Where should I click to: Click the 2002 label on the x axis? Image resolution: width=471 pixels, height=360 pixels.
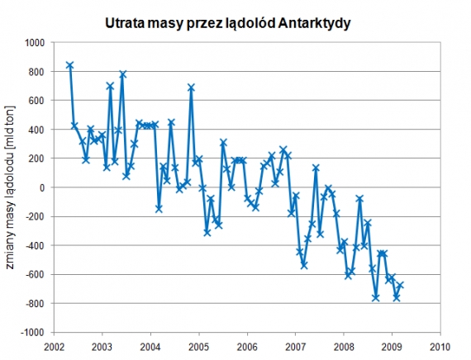tap(55, 346)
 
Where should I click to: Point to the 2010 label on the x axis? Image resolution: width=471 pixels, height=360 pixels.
tap(440, 346)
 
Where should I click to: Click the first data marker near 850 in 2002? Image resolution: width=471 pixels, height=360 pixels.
tap(70, 64)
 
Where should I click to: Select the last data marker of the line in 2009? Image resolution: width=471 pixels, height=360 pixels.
tap(401, 285)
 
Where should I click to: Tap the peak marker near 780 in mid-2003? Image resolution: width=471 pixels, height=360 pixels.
tap(122, 74)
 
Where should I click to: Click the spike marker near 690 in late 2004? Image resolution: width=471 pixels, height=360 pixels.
tap(191, 88)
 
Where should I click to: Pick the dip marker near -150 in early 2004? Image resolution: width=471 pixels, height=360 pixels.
tap(159, 209)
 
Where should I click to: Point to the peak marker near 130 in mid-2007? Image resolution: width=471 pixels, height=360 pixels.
tap(316, 168)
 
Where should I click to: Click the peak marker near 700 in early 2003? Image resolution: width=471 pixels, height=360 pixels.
tap(110, 86)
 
